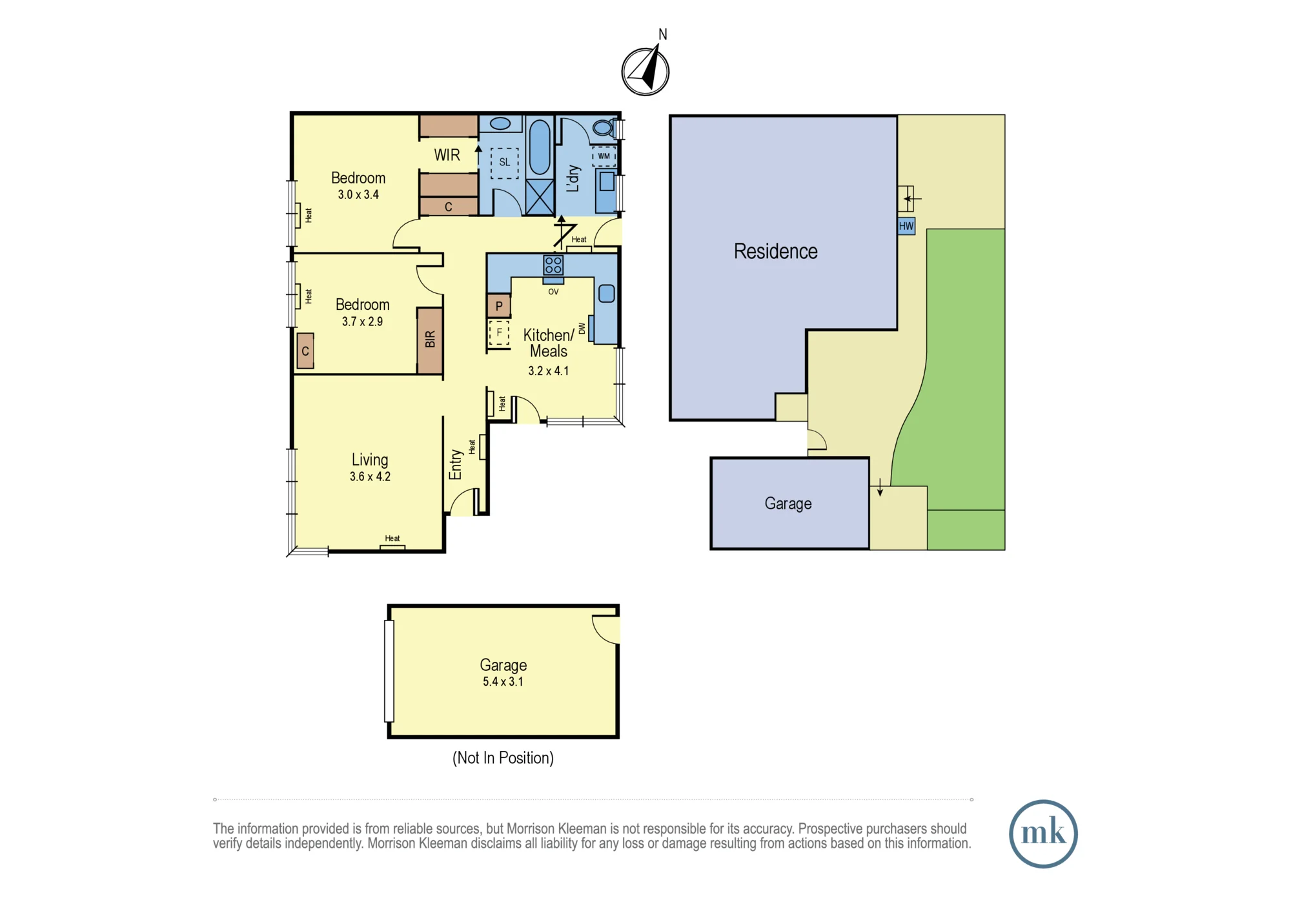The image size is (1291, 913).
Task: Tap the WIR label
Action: [x=447, y=155]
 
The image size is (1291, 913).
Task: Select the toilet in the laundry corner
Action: [x=603, y=127]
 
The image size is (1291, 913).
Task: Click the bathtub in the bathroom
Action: [x=539, y=147]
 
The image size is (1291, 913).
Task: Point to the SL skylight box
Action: [x=504, y=163]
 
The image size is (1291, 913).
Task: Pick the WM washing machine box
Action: [x=604, y=156]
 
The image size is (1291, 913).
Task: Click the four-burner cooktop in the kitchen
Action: [x=553, y=265]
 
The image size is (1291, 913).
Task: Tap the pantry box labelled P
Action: [x=498, y=306]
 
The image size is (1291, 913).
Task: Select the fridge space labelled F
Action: [x=498, y=333]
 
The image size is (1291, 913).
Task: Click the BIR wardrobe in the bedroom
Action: [x=430, y=340]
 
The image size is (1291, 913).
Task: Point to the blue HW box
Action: [x=906, y=226]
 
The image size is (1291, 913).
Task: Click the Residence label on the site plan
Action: [x=775, y=251]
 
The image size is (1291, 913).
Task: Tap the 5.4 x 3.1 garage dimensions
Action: [x=503, y=682]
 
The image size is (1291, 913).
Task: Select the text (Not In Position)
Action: [x=503, y=757]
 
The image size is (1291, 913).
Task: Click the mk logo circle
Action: [x=1043, y=834]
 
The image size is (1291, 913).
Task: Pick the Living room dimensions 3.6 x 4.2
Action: [x=370, y=477]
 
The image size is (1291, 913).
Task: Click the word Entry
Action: [x=455, y=464]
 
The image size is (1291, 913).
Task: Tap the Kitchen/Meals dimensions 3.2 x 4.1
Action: [x=548, y=371]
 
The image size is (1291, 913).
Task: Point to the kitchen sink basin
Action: [x=607, y=294]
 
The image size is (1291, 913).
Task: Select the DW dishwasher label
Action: [x=582, y=328]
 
